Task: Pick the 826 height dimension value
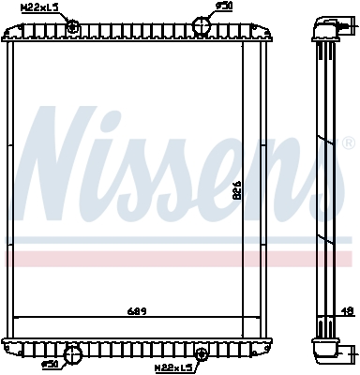pos(235,187)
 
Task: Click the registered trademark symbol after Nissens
pos(348,143)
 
